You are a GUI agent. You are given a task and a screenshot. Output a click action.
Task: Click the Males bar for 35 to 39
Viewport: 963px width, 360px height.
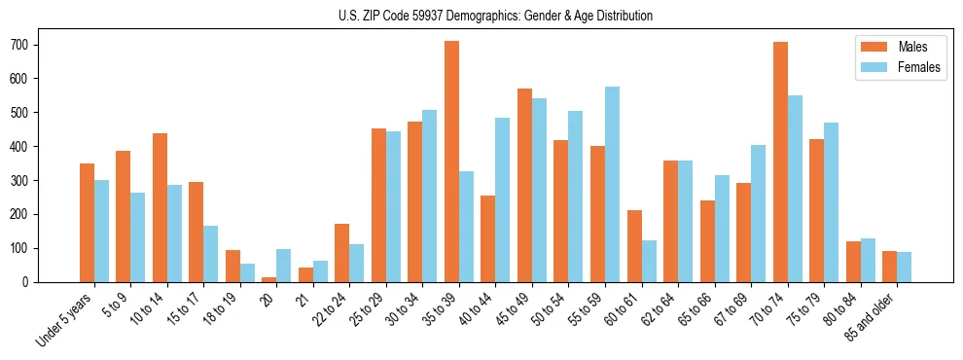[451, 162]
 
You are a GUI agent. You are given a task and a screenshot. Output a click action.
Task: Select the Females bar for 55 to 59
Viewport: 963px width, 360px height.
[612, 185]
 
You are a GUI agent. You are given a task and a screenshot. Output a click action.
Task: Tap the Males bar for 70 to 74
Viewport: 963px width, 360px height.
[780, 162]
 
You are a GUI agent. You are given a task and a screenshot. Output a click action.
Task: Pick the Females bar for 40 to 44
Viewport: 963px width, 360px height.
[503, 200]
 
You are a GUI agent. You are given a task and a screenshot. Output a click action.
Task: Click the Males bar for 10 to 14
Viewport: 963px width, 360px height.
[160, 208]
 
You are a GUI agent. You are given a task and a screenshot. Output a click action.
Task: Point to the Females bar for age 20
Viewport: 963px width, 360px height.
[284, 266]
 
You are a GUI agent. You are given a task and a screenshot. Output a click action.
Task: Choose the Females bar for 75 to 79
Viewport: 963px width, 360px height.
[831, 202]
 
